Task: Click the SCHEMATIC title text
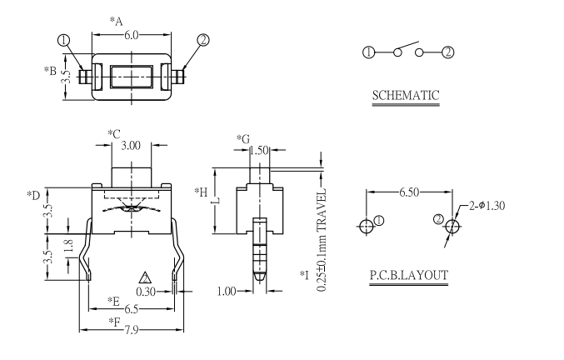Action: pos(405,95)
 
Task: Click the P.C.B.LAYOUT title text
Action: pos(408,276)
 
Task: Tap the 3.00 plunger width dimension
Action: pos(131,146)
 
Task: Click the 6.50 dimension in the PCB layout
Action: pos(408,192)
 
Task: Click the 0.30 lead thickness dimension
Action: pos(146,292)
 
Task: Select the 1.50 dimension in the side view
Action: pos(258,150)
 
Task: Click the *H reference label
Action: pos(201,193)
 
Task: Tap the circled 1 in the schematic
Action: pos(367,52)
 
